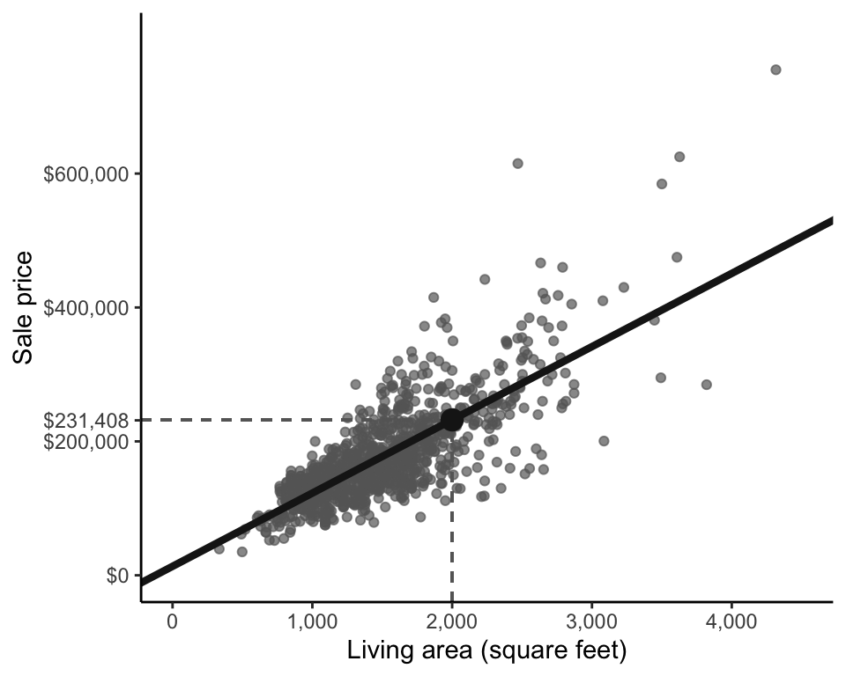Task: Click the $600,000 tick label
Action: click(86, 174)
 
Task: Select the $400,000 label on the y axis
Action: click(86, 308)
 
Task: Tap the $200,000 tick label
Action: click(86, 442)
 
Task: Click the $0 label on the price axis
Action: click(117, 576)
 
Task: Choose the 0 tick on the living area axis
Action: click(172, 622)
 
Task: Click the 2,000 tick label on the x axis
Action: click(451, 622)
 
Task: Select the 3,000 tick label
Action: click(591, 622)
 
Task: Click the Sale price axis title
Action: click(25, 307)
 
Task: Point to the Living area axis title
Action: click(486, 651)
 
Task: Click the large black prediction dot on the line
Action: click(452, 420)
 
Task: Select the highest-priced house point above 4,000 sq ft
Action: click(775, 70)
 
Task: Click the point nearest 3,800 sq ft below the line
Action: click(706, 385)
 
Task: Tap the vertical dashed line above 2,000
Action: click(452, 528)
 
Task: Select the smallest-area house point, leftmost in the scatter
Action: click(219, 548)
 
